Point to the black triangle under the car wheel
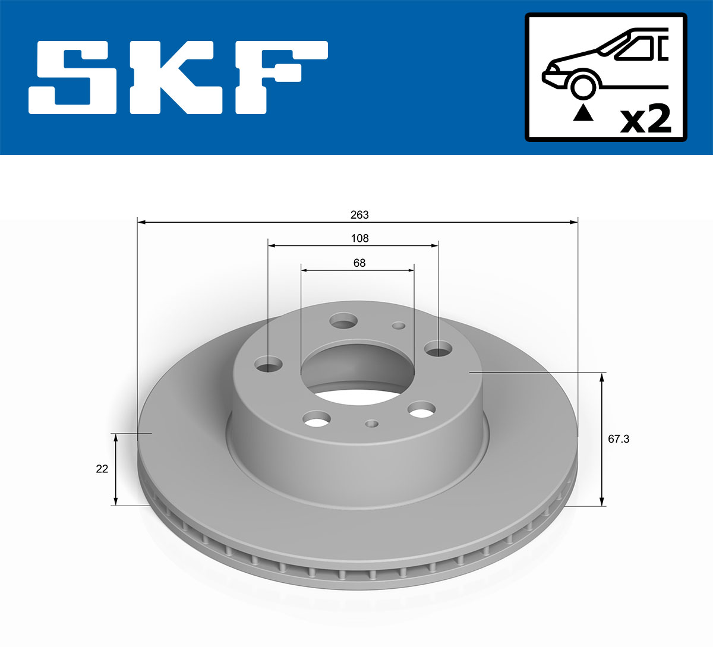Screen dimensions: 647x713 (583, 112)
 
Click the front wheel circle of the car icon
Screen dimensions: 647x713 (583, 86)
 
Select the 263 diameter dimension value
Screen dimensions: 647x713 (359, 215)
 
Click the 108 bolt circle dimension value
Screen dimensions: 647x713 (359, 238)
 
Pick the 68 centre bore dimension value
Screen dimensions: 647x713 (359, 263)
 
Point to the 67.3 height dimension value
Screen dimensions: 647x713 (619, 439)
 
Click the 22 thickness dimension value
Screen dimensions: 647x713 (102, 469)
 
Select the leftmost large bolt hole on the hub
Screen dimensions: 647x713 (269, 365)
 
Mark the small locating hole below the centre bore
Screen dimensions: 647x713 (372, 424)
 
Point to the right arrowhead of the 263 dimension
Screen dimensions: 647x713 (573, 222)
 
